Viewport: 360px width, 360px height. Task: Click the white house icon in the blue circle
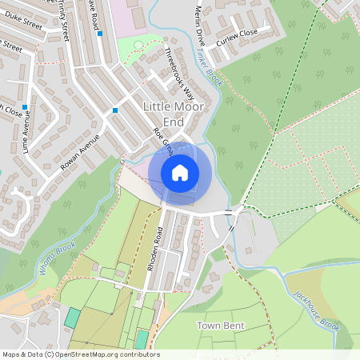pos(180,173)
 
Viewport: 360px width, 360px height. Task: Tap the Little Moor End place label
pos(174,114)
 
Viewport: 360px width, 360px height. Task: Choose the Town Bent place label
pos(220,326)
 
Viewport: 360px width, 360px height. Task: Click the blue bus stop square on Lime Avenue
pos(26,107)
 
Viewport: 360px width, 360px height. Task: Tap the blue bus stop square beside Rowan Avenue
pos(116,110)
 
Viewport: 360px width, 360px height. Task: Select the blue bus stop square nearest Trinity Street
pos(99,34)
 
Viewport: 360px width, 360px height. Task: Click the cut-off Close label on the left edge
pos(10,110)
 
